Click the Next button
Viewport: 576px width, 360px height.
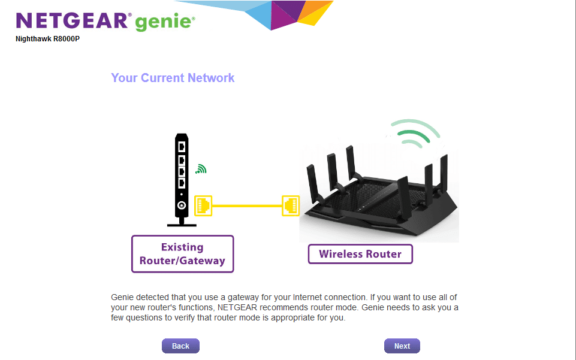(x=402, y=346)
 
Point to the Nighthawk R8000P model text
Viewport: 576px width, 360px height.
(x=47, y=39)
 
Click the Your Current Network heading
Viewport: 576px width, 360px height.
(x=173, y=78)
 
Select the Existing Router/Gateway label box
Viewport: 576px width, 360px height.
(x=183, y=254)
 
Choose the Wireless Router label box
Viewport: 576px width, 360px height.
(x=360, y=254)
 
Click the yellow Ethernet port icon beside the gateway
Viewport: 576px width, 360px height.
(x=203, y=205)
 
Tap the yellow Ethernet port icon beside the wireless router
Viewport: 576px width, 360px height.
(x=291, y=205)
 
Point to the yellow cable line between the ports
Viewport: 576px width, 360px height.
(x=247, y=206)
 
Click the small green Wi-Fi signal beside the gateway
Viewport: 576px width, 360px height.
(x=201, y=169)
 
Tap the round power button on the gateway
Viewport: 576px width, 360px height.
(x=182, y=205)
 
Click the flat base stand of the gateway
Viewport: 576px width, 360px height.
(x=182, y=225)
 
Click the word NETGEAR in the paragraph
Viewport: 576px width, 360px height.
(x=237, y=307)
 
